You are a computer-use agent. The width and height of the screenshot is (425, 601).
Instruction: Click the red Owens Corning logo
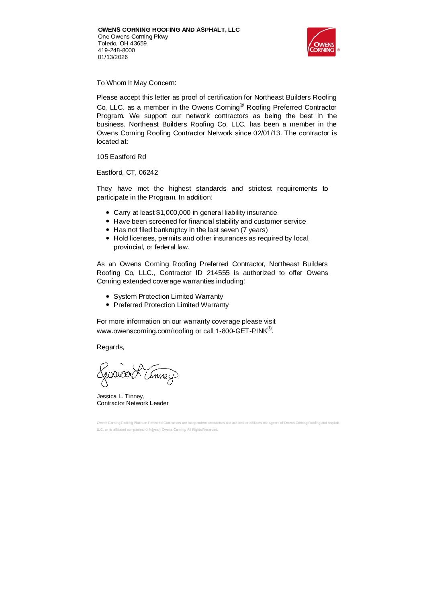coord(321,42)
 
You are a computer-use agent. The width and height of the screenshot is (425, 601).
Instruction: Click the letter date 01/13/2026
coord(113,57)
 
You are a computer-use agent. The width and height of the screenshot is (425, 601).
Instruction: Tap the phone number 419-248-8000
coord(116,50)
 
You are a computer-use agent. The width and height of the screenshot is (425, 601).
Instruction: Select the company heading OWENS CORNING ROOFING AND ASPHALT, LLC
coord(169,30)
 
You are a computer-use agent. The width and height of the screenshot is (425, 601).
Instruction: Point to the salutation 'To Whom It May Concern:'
coord(137,83)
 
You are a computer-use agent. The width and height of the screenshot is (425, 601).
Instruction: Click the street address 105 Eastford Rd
coord(121,157)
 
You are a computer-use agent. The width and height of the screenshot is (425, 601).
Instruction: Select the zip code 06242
coord(148,173)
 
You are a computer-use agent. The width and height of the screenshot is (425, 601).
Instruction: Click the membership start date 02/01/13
coord(267,133)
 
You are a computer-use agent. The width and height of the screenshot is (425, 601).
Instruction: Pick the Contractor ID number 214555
coord(218,273)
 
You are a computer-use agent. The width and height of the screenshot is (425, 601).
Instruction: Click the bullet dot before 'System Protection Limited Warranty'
coord(108,297)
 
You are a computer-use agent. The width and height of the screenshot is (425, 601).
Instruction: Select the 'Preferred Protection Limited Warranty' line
coord(171,305)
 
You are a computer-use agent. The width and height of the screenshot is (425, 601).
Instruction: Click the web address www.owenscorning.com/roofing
coord(145,331)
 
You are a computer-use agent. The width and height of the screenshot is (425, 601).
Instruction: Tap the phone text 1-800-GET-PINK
coord(241,331)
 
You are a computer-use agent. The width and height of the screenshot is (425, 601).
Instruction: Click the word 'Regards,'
coord(110,347)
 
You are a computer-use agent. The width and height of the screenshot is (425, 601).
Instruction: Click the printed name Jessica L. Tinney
coord(121,396)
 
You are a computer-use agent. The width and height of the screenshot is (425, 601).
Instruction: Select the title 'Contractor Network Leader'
coord(133,403)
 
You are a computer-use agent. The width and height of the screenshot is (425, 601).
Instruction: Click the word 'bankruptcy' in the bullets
coord(171,230)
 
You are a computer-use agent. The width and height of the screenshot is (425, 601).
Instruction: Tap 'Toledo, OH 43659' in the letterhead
coord(123,43)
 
